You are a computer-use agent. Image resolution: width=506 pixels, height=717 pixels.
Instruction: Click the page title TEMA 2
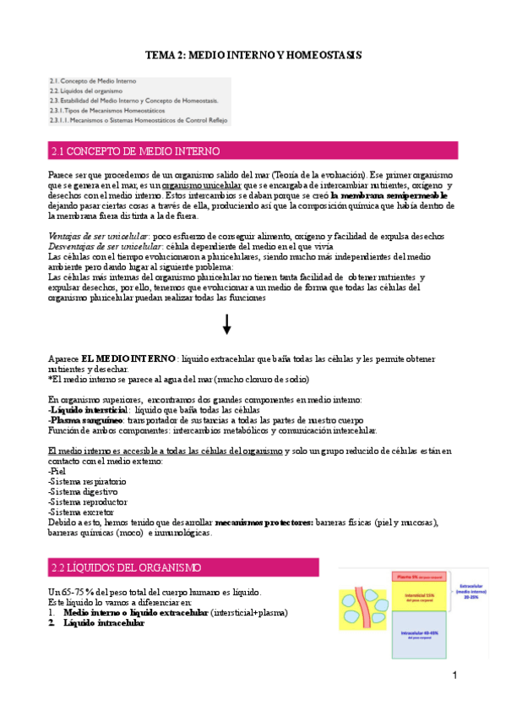(x=253, y=55)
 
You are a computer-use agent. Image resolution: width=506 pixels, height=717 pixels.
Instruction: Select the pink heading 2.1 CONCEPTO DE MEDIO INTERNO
(x=135, y=152)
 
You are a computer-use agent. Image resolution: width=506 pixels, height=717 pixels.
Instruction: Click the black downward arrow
(x=226, y=324)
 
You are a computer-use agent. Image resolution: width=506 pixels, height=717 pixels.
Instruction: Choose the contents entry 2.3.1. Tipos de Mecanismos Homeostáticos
(x=106, y=110)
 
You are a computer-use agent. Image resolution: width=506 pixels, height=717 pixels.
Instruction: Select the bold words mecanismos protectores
(x=264, y=523)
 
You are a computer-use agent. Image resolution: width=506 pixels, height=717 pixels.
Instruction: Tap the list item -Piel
(x=57, y=471)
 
